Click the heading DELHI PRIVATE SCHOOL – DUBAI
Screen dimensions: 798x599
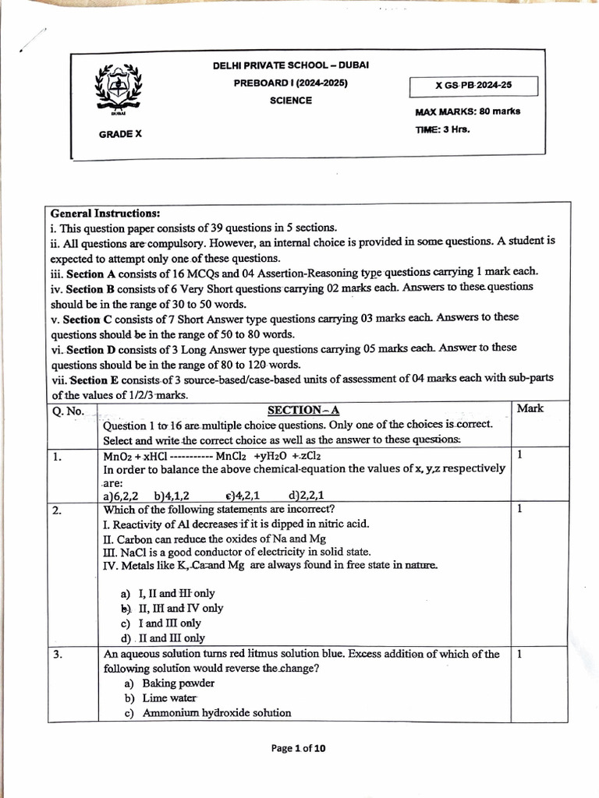291,65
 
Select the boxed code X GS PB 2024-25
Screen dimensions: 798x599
473,86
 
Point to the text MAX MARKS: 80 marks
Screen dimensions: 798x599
468,111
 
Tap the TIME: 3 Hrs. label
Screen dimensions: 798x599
443,129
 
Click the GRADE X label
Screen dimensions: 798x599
120,134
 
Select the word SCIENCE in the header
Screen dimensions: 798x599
291,101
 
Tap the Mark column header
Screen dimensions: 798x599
530,408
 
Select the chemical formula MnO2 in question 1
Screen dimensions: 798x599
118,456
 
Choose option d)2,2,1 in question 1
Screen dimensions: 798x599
307,494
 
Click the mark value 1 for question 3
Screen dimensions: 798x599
520,655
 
